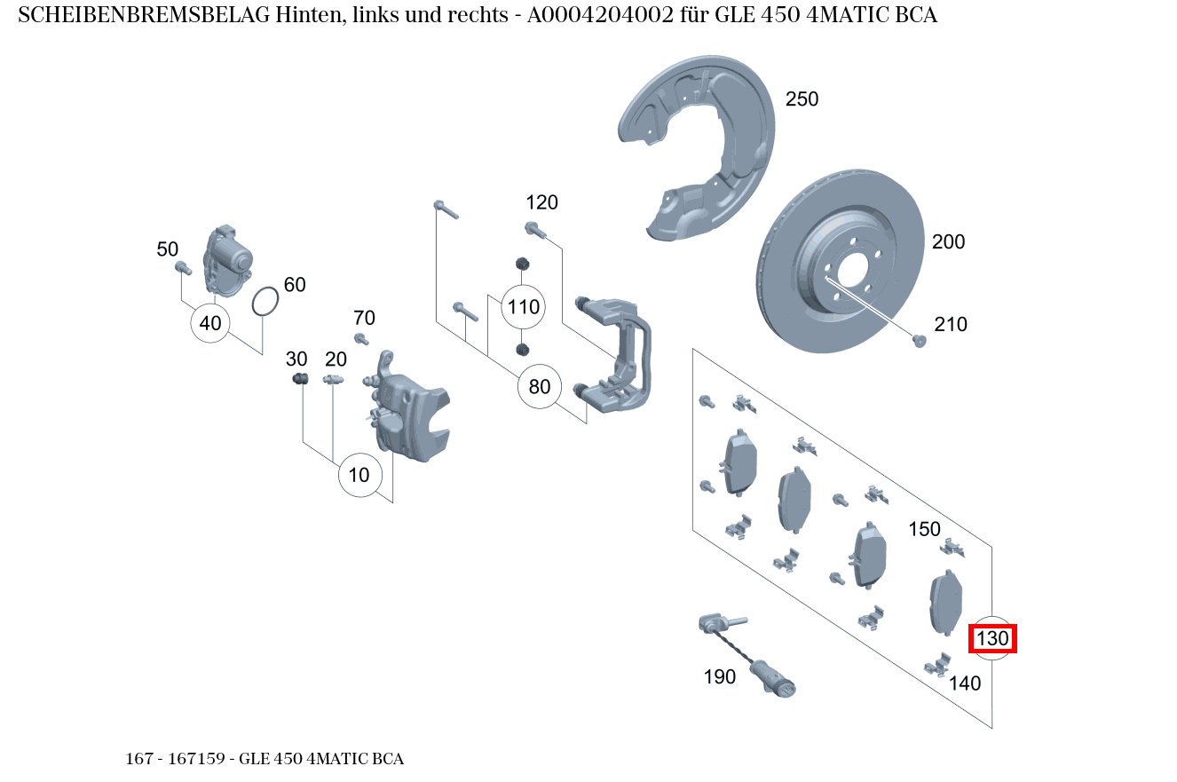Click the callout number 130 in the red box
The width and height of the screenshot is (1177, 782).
992,638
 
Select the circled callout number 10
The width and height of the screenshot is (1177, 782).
359,475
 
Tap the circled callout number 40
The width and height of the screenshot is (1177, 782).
210,323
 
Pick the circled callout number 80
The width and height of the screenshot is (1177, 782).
540,386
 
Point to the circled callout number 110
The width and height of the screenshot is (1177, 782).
523,307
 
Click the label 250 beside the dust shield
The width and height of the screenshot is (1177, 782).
802,99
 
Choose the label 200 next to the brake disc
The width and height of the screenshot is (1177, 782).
947,241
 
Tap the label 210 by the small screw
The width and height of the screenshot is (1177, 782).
950,325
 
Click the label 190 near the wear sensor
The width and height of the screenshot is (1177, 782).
719,677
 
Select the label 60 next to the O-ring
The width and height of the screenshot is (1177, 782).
294,285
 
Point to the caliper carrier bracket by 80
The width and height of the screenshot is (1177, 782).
621,355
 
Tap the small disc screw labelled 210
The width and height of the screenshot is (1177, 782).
920,341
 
